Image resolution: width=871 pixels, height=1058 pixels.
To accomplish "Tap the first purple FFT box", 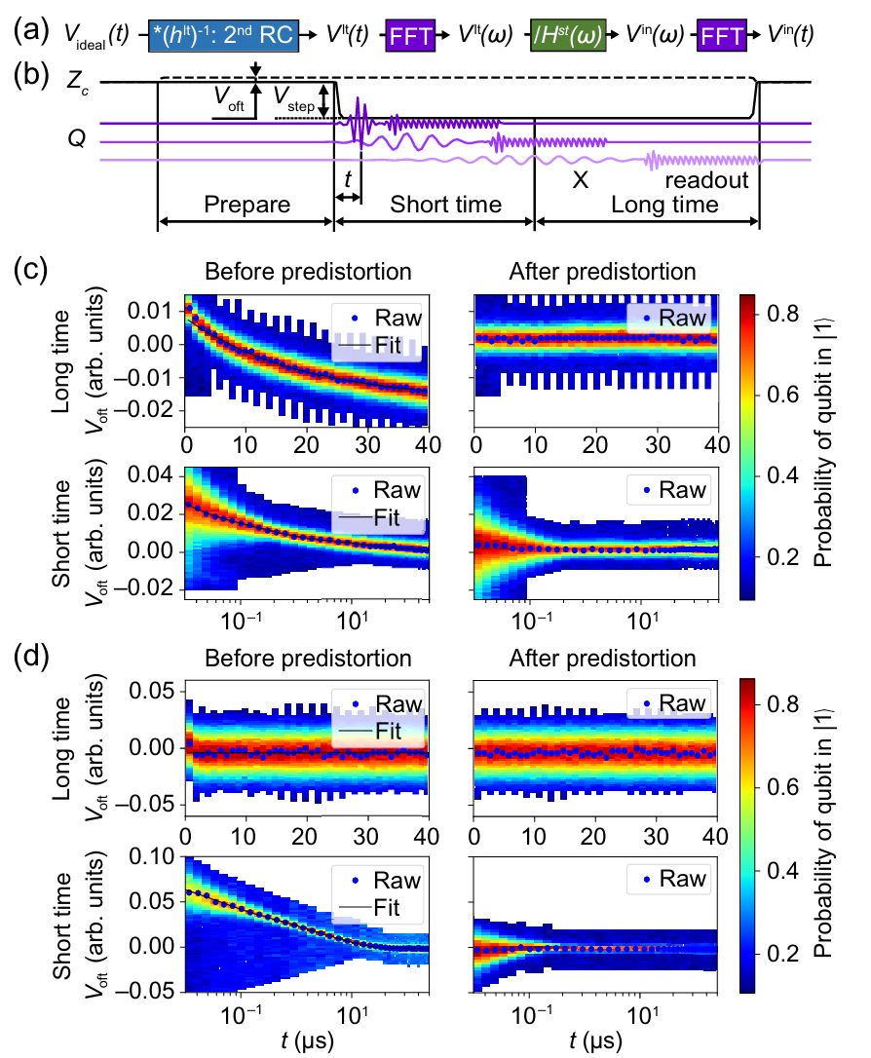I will pyautogui.click(x=414, y=36).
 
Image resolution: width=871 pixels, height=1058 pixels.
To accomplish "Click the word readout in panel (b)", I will pyautogui.click(x=706, y=180).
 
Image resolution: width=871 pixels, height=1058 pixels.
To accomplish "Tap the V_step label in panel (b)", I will pyautogui.click(x=296, y=95).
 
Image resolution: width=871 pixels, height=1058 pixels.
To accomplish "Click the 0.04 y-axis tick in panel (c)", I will pyautogui.click(x=160, y=474).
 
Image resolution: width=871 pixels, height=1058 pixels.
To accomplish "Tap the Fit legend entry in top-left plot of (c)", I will pyautogui.click(x=391, y=346).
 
